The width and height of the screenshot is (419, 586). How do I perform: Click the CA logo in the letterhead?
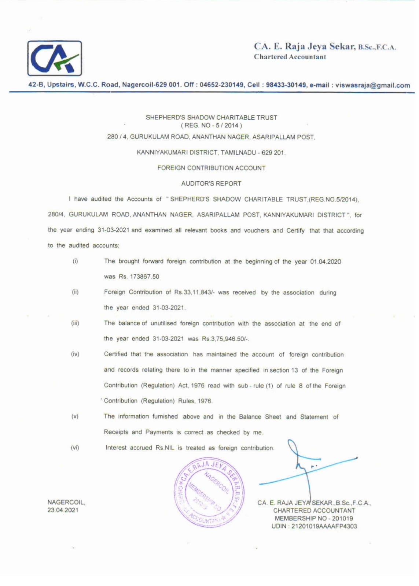coord(55,58)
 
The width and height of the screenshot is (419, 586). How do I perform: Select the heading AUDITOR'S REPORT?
coord(211,183)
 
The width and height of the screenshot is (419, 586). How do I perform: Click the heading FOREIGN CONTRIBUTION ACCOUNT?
coord(211,168)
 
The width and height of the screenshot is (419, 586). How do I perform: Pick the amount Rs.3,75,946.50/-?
coord(225,339)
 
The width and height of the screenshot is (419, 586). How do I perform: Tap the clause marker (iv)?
coord(75,354)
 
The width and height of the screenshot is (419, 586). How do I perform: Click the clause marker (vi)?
coord(75,448)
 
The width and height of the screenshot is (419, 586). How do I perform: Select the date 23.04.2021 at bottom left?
coord(63,510)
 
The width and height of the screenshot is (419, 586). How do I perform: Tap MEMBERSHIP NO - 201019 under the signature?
coord(314,518)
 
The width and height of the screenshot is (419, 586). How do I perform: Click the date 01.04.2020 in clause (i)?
coord(326,262)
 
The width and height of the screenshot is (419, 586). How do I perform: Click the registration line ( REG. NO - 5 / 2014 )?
coord(211,126)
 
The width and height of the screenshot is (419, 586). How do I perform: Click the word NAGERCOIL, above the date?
coord(66,502)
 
